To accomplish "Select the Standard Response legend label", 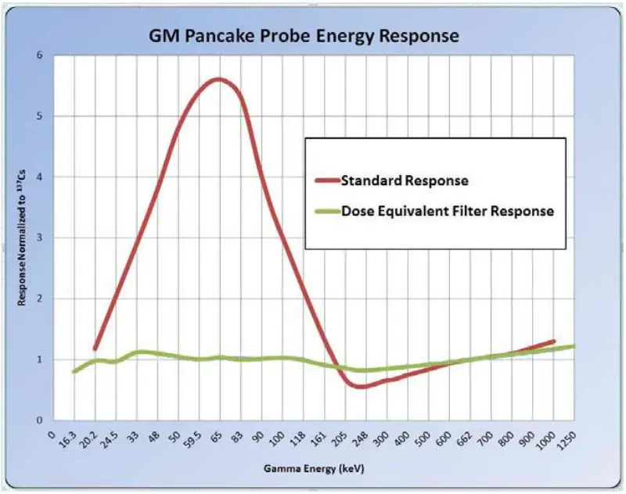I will (405, 181).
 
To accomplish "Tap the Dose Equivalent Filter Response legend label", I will (448, 211).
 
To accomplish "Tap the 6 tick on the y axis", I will (39, 55).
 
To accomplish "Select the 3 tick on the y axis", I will (39, 238).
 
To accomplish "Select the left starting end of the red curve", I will (95, 349).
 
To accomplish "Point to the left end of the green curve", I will (74, 371).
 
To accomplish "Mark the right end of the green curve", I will (576, 346).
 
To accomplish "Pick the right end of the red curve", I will (554, 342).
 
